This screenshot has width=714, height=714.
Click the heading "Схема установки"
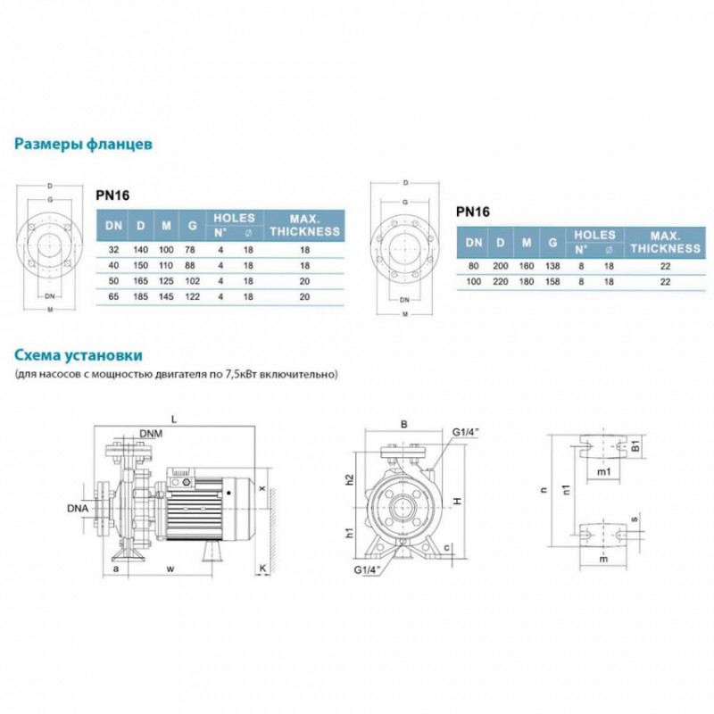coord(78,356)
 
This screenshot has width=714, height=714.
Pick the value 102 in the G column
coord(190,280)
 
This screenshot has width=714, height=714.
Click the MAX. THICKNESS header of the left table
coord(306,225)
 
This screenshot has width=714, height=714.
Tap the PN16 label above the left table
coord(112,191)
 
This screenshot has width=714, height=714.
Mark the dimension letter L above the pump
coord(175,418)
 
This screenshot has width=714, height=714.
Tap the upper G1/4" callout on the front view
coord(466,433)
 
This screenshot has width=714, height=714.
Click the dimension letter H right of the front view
coord(455,502)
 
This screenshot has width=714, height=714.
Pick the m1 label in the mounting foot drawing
coord(602,470)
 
